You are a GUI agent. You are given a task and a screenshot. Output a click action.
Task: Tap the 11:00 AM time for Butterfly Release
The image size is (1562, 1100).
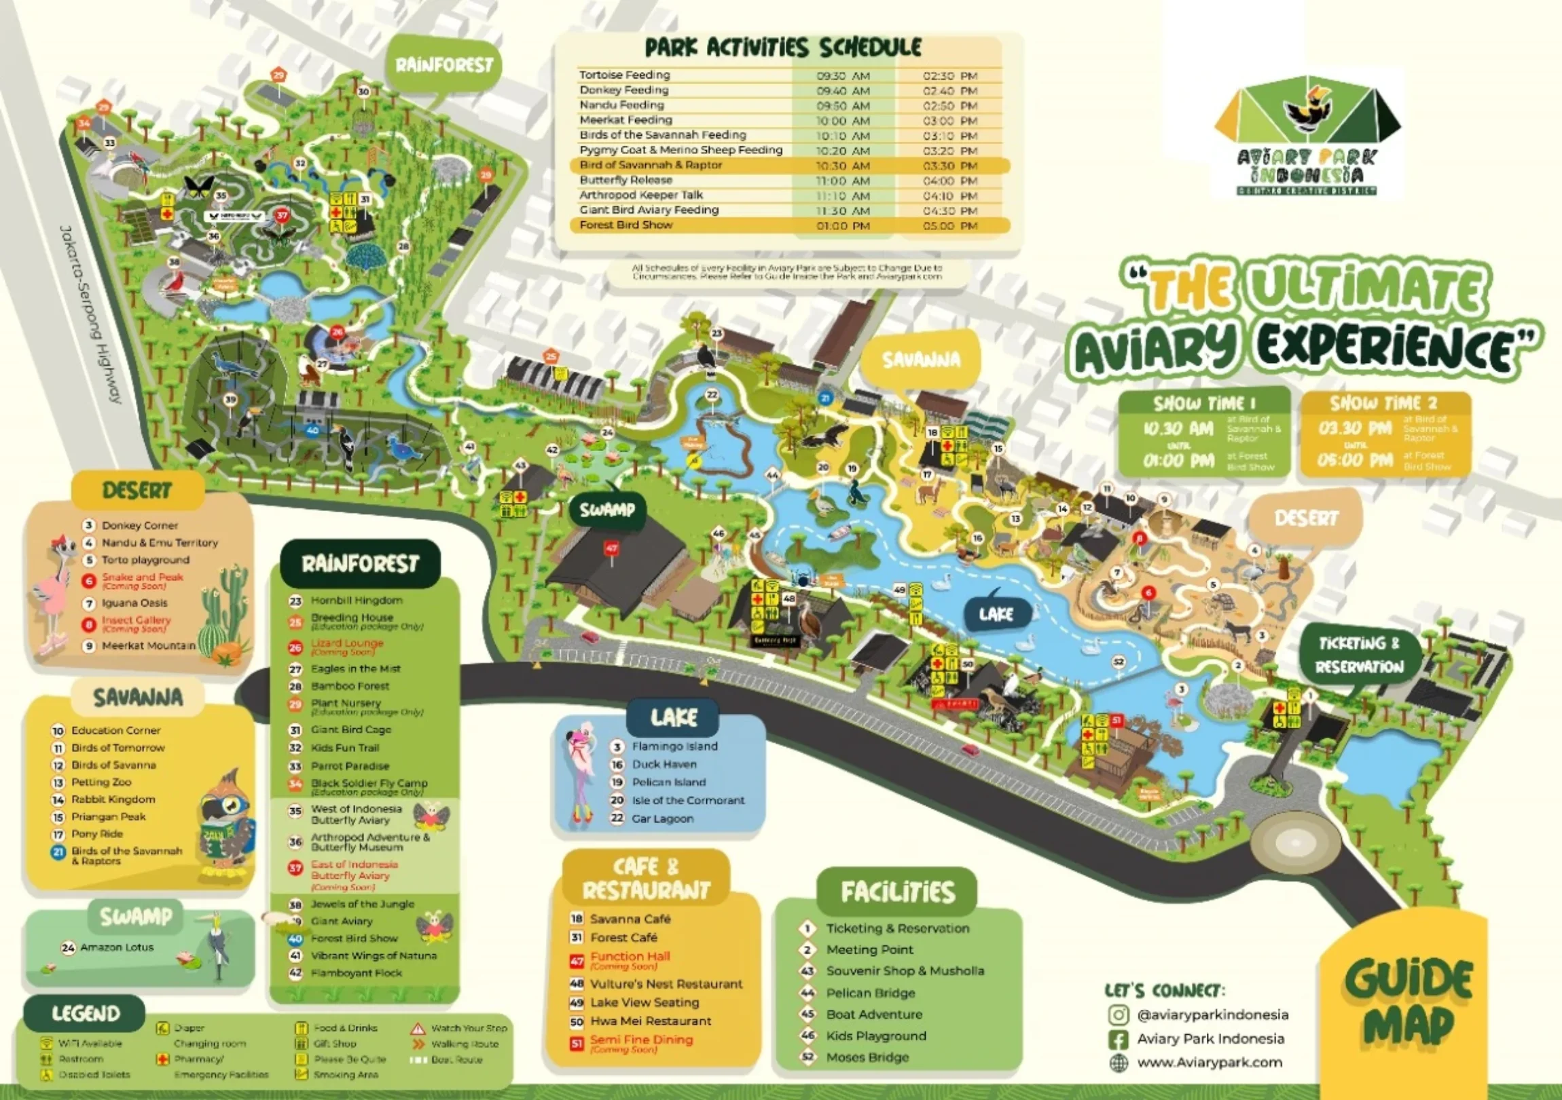tap(843, 181)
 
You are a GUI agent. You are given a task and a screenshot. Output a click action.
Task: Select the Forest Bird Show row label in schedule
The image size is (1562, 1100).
tap(626, 225)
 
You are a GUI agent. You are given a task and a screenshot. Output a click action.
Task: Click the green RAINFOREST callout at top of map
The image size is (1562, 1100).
tap(444, 65)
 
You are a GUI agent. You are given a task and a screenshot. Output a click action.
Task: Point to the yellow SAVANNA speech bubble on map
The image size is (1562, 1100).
tap(921, 360)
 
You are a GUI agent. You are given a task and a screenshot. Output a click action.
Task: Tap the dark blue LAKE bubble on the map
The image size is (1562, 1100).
tap(996, 615)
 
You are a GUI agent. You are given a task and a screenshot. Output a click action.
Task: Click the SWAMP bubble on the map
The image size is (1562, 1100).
tap(607, 510)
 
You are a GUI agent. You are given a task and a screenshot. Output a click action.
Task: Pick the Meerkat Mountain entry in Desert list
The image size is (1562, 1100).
tap(148, 645)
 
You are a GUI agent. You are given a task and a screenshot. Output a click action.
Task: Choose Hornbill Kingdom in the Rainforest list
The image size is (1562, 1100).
tap(357, 601)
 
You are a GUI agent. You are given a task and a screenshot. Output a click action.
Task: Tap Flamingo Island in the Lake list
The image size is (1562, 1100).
tap(674, 746)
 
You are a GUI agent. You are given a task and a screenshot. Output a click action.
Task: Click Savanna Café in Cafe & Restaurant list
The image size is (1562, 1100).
tap(630, 919)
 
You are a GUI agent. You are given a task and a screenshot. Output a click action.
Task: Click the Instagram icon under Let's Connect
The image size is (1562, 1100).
tap(1119, 1015)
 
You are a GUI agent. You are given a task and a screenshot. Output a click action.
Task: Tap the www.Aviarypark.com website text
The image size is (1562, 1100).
tap(1209, 1062)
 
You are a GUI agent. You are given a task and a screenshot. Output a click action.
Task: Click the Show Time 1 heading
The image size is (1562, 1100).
tap(1203, 403)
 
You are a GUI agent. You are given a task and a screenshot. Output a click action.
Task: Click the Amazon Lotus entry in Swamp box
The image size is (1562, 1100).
tap(116, 947)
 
